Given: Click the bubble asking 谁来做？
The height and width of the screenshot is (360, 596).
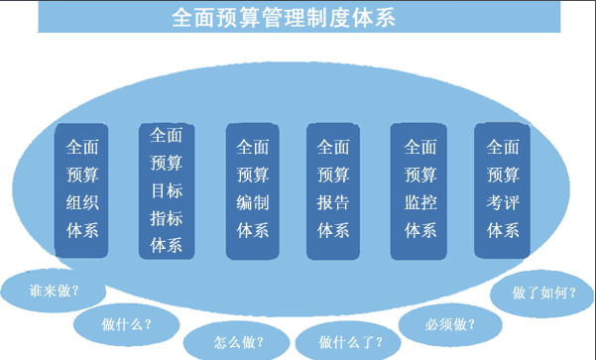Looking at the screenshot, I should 55,291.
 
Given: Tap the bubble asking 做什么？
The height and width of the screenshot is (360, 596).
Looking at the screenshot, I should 126,323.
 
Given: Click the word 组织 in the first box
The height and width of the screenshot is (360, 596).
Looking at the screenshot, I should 82,202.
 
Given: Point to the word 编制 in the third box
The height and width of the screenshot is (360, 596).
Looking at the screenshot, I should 252,202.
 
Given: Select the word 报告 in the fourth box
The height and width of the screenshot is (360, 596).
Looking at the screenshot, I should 333,202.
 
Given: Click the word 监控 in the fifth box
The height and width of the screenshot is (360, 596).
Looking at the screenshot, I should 420,202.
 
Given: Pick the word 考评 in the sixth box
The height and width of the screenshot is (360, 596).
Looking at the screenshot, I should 503,202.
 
